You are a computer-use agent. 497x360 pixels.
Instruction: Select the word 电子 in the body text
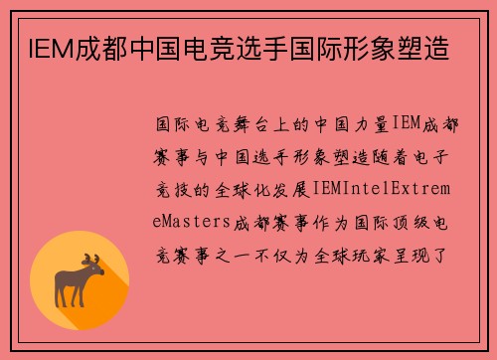(434, 155)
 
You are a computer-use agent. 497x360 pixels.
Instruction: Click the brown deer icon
(80, 280)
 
